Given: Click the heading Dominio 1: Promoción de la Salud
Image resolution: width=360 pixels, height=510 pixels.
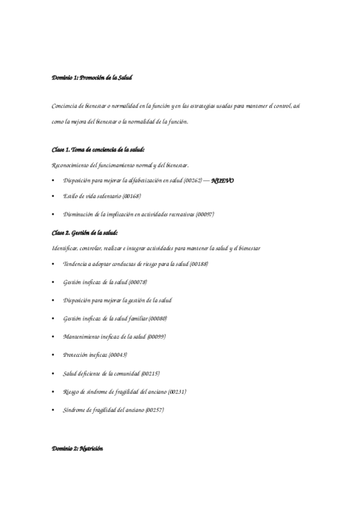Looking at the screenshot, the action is point(91,78).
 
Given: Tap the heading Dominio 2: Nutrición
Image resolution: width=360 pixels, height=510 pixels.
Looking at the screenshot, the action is point(78,449).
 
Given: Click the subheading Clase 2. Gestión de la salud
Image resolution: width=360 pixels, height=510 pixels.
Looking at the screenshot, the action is point(85,232).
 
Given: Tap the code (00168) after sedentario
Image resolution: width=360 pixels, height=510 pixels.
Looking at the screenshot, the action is point(132,197).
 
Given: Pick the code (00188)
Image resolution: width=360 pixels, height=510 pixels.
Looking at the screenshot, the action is point(200,265).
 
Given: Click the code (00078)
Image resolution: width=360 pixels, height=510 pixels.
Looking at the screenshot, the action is point(137,283).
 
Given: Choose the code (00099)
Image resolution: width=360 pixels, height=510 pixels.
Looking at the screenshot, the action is point(156,336).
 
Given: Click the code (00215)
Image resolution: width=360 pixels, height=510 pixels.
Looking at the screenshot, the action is point(150,373).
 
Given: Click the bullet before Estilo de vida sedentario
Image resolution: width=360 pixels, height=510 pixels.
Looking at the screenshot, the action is point(54,197).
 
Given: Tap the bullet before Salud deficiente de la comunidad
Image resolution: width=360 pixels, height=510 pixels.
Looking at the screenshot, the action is point(54,373).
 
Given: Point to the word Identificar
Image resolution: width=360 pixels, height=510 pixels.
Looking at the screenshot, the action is point(64,248).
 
